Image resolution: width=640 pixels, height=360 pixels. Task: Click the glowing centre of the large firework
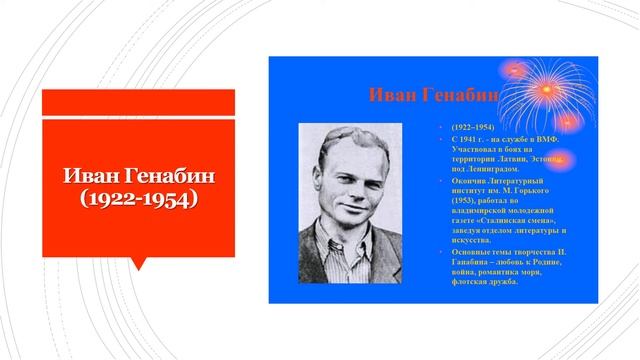coord(546,96)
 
